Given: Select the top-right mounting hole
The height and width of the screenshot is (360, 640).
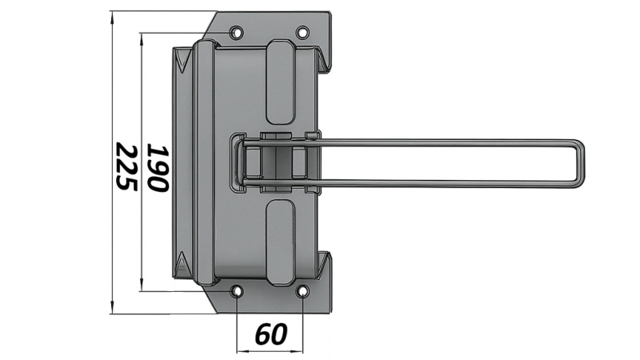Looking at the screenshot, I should coord(302,33).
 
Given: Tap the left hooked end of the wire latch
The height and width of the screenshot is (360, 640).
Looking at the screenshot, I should coord(238,162).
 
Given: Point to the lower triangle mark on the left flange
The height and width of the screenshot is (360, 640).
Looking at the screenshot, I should coord(184,263).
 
